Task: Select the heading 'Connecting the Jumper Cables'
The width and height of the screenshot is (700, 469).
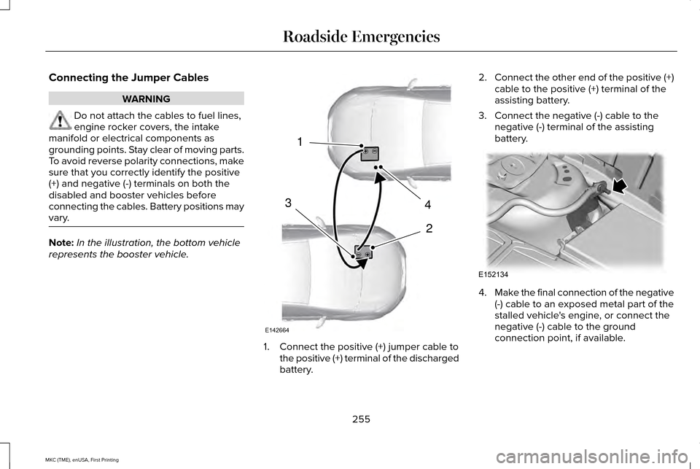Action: tap(128, 77)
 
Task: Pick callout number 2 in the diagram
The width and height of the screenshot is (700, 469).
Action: tap(429, 229)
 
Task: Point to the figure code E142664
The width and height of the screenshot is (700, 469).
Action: tap(297, 330)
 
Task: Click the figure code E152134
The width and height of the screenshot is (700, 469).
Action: tap(493, 274)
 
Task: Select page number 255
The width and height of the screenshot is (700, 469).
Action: tap(361, 419)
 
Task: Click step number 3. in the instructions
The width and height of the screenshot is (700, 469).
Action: tap(482, 116)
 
